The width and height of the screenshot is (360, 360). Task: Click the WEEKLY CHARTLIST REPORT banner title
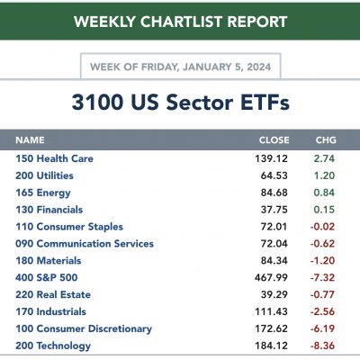181,22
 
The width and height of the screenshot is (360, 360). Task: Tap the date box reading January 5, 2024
181,67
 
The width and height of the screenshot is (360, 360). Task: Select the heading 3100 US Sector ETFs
181,102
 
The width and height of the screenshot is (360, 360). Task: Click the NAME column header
30,140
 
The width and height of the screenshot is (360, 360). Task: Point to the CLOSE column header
274,140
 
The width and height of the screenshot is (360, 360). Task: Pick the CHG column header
326,140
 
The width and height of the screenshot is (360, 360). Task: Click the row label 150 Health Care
54,158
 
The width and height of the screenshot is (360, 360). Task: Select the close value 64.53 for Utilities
274,175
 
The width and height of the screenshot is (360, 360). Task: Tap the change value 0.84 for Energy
324,193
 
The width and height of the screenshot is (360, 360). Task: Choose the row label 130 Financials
49,210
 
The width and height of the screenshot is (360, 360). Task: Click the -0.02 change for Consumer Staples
322,227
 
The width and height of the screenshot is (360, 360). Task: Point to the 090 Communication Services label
85,244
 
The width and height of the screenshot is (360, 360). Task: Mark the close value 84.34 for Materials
274,261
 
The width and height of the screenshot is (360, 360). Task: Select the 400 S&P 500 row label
47,277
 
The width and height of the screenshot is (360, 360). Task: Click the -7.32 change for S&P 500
322,277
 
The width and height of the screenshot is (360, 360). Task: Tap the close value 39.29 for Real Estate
274,294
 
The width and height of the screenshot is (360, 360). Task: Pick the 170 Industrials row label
50,311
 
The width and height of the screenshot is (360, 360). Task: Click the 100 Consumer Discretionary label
84,328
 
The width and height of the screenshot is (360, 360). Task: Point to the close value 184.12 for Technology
272,346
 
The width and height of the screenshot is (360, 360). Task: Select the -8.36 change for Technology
322,346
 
